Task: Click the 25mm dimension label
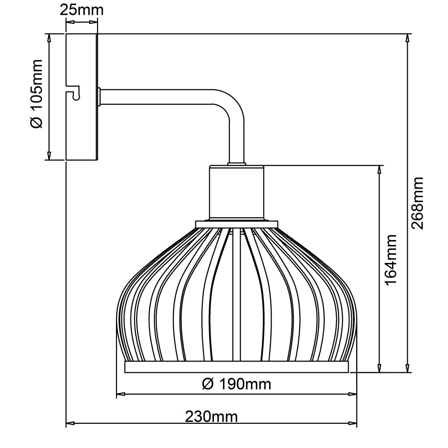click(x=82, y=10)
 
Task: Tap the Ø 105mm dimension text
click(x=36, y=94)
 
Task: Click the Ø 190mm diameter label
click(x=236, y=384)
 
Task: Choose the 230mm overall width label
click(x=211, y=417)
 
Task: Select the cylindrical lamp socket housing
click(x=237, y=194)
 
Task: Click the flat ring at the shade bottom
click(x=237, y=366)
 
